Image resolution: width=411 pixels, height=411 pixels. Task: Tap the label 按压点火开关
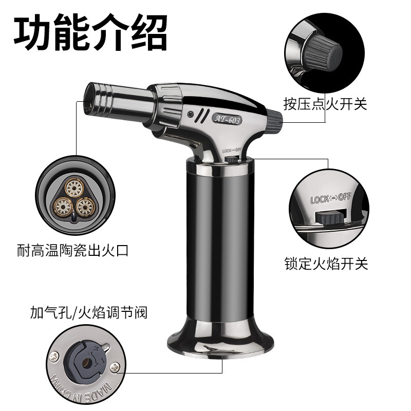(x=325, y=104)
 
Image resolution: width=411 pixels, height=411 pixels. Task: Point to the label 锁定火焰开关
(x=326, y=264)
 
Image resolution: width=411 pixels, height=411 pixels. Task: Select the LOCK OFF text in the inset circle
(x=330, y=199)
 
